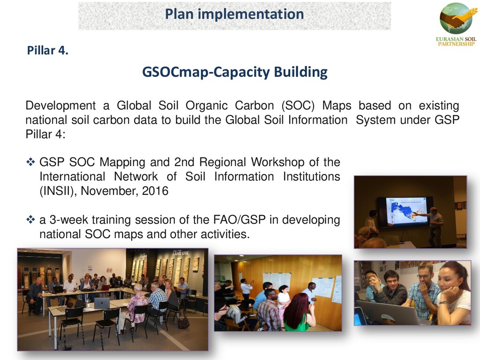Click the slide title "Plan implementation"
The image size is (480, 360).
point(234,14)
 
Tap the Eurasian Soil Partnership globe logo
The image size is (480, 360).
point(456,18)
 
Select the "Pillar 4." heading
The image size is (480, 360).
point(47,50)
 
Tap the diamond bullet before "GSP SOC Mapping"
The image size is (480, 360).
point(30,162)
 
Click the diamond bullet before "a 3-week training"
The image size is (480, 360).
point(30,219)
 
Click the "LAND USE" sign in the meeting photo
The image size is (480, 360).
point(180,253)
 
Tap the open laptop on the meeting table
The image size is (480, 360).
point(102,303)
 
